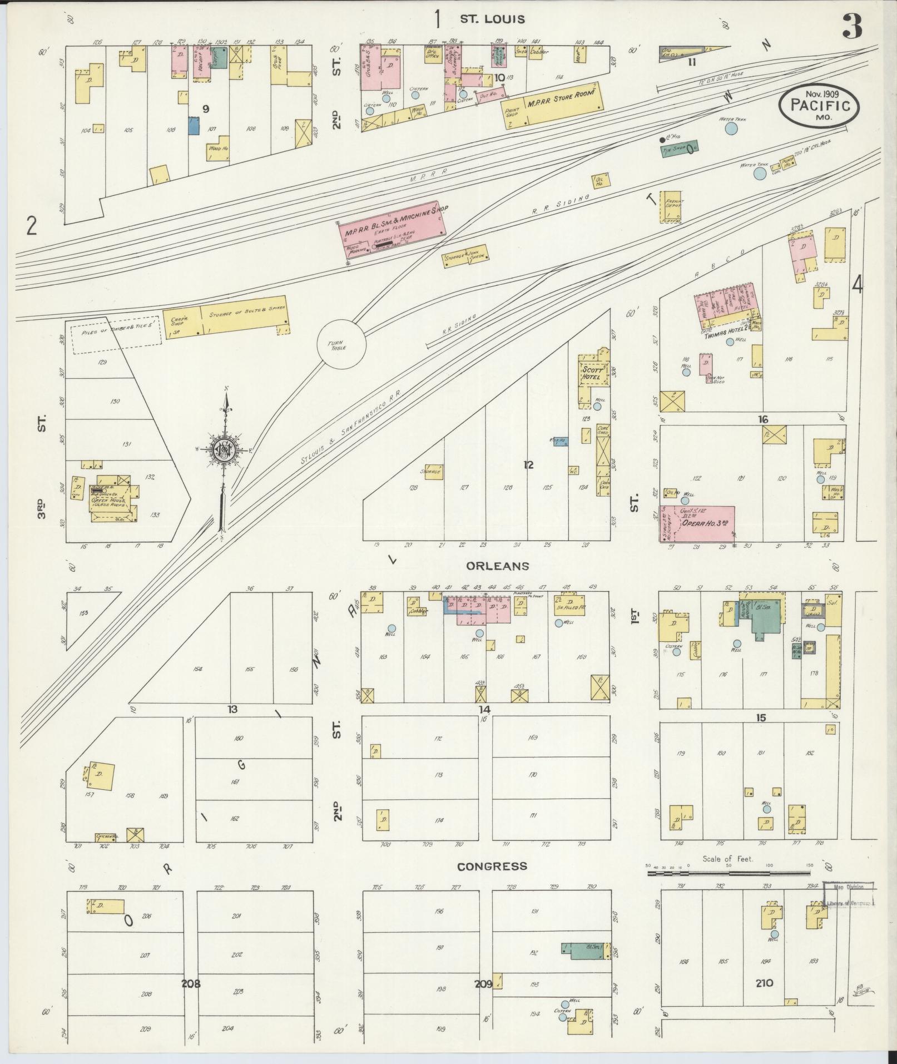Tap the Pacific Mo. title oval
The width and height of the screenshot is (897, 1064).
coord(819,105)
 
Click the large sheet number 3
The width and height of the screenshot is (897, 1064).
coord(852,26)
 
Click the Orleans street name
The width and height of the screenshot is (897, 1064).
coord(490,566)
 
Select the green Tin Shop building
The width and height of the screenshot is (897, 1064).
coord(679,149)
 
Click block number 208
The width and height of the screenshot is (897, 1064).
coord(191,983)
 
